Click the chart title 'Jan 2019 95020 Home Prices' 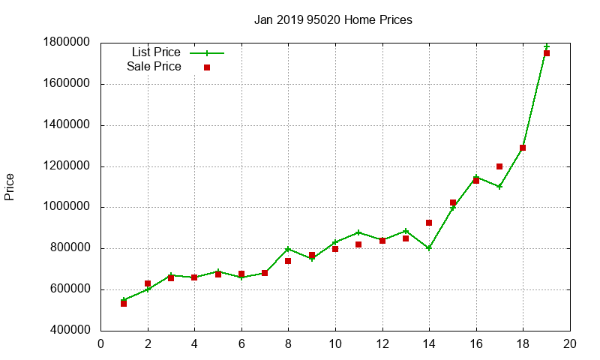pos(333,19)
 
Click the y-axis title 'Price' pos(10,186)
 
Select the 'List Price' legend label pos(156,52)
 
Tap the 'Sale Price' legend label pos(154,67)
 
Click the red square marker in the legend pos(207,67)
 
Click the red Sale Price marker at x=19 pos(547,53)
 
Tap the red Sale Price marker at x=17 pos(499,166)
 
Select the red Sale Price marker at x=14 pos(429,223)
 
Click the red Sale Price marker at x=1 pos(124,303)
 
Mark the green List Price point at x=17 pos(499,187)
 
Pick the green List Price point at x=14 pos(429,248)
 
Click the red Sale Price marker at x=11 pos(358,244)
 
